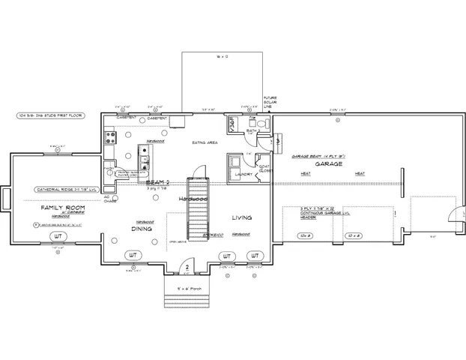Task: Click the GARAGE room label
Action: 328,163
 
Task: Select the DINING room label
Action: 142,230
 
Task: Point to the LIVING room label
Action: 241,217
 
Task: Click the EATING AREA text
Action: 205,142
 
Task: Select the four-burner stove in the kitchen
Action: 111,136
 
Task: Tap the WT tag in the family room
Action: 58,236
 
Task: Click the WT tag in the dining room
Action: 133,256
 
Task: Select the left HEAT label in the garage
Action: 306,174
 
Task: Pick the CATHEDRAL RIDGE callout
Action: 64,190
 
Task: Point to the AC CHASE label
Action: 106,199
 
